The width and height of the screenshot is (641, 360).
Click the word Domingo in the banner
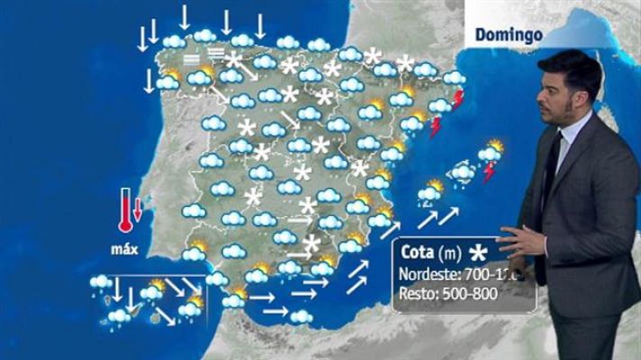click(507, 35)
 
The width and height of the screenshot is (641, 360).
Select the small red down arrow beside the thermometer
click(138, 210)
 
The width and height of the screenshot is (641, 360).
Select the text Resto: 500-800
click(442, 292)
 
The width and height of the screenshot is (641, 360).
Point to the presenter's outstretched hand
click(519, 245)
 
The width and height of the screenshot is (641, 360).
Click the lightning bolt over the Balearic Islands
click(489, 171)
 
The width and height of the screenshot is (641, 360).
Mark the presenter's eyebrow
click(550, 82)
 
